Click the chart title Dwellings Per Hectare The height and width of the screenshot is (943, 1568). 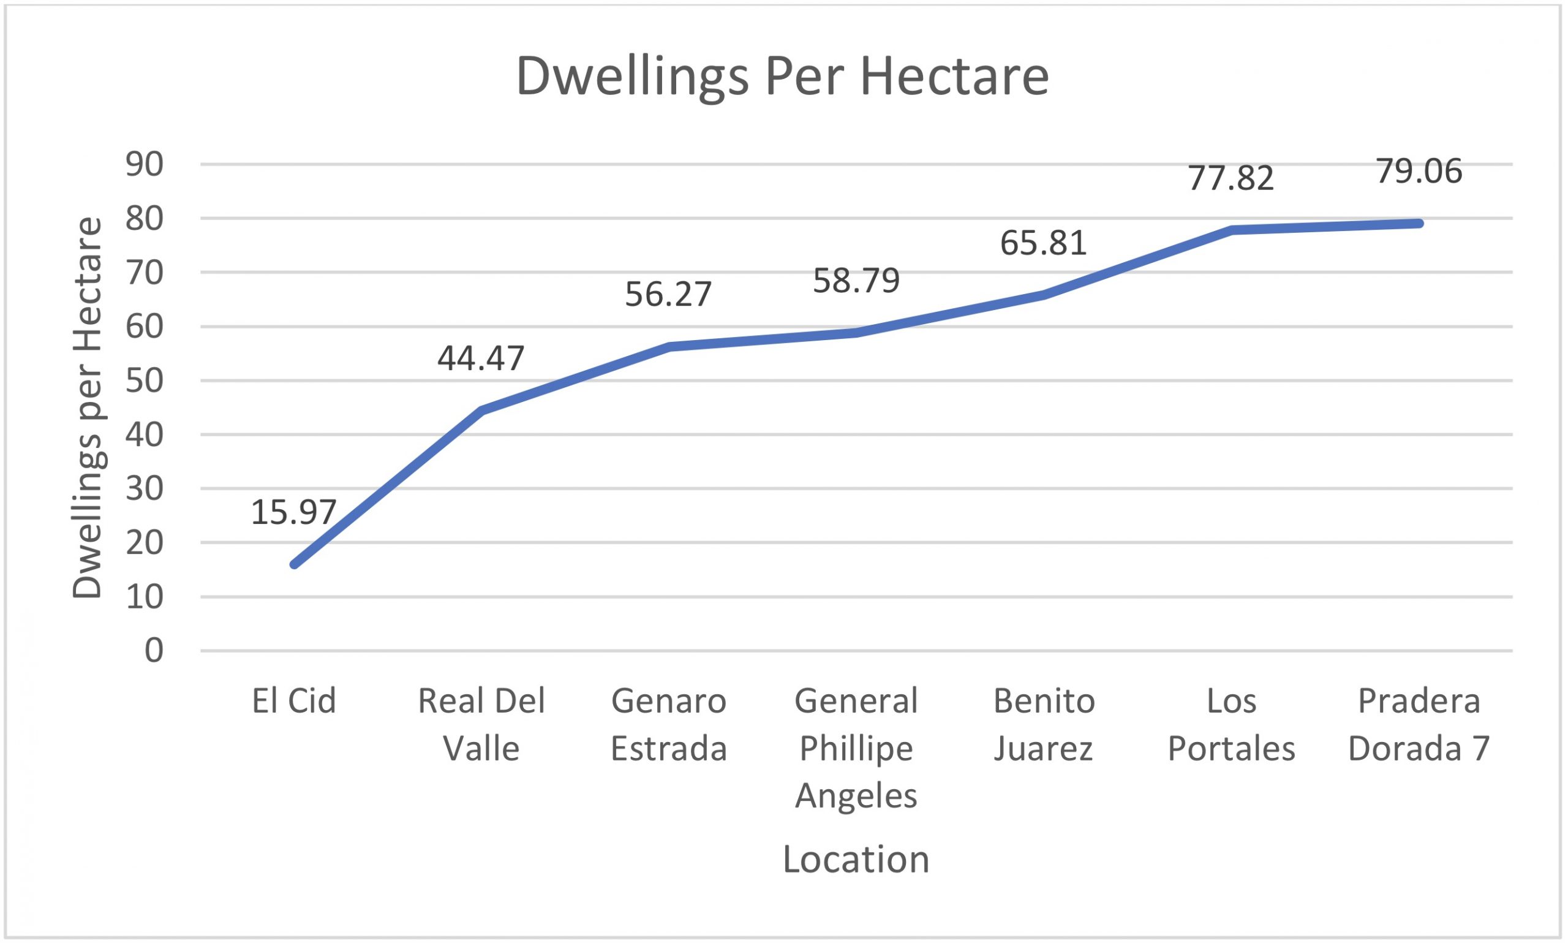(782, 76)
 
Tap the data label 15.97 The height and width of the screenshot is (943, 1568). (293, 512)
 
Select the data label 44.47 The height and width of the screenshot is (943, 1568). (481, 358)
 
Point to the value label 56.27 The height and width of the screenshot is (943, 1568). (668, 294)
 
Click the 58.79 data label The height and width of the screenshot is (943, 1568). (856, 280)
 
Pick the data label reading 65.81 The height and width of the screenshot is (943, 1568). (1044, 243)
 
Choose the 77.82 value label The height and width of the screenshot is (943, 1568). (1231, 178)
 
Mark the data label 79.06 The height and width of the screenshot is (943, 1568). (1419, 172)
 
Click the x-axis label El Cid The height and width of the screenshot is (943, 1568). (293, 701)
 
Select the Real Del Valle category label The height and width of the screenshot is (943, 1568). (481, 724)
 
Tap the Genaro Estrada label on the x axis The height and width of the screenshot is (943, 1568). (668, 724)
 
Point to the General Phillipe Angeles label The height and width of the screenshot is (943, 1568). (856, 748)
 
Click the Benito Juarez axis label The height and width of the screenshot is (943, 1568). (1044, 724)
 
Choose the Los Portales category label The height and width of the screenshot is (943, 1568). (1231, 724)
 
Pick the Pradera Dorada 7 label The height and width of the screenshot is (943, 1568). (1419, 724)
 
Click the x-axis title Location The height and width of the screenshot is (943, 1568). (856, 859)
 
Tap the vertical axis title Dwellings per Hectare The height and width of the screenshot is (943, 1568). (87, 407)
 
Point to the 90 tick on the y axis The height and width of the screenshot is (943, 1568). (145, 165)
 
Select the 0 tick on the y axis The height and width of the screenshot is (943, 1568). (154, 651)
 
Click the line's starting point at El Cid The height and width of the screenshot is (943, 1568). (294, 564)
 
